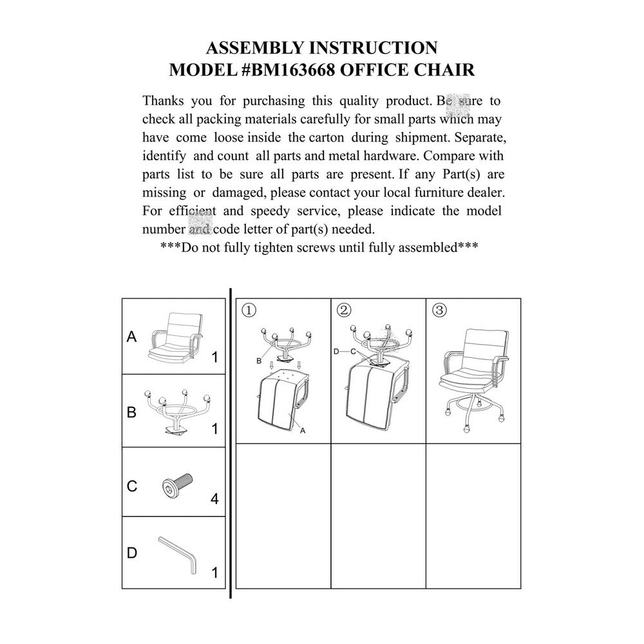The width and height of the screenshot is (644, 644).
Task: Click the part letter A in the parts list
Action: click(132, 337)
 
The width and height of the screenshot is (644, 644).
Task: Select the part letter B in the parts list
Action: click(132, 412)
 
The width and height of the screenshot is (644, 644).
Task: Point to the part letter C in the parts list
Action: click(132, 486)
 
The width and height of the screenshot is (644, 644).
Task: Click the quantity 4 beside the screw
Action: click(214, 500)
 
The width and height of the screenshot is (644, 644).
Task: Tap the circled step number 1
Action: click(249, 310)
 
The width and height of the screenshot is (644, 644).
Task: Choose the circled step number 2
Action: click(344, 310)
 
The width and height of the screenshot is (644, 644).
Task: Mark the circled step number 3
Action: click(440, 310)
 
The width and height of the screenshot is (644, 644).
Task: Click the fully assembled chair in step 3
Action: click(473, 374)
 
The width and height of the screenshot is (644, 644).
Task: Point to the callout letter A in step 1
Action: click(303, 432)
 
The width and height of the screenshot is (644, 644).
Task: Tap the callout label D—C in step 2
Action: click(345, 352)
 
